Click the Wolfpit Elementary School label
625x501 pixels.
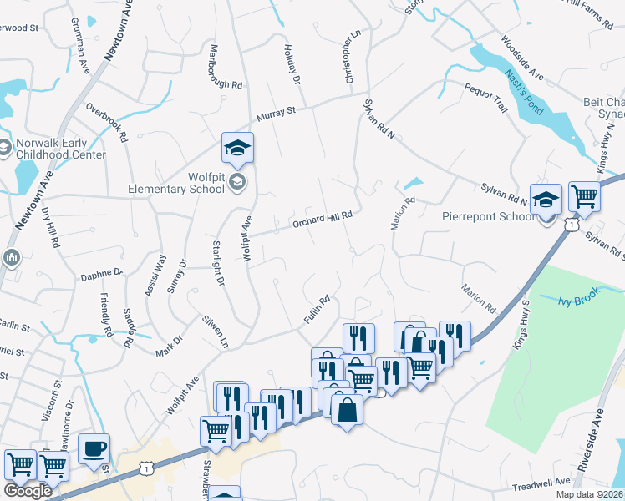(x=176, y=183)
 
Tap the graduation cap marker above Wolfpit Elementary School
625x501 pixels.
(x=237, y=149)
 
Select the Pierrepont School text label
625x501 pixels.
(x=487, y=217)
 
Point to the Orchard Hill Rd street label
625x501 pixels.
(x=322, y=219)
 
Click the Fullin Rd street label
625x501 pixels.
(x=318, y=310)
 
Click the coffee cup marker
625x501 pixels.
(x=94, y=449)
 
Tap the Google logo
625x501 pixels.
(x=28, y=491)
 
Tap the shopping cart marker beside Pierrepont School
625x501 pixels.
(x=584, y=197)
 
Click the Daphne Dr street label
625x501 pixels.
(x=101, y=273)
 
